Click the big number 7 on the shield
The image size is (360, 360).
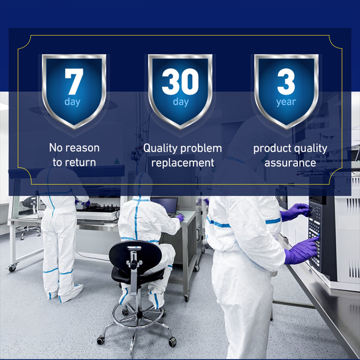click(x=74, y=81)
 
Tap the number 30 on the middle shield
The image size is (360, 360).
click(x=180, y=81)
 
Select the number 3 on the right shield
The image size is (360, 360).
click(x=286, y=81)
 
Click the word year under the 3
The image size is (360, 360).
click(x=286, y=102)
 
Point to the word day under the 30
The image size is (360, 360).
click(x=181, y=102)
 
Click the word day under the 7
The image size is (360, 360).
click(x=72, y=102)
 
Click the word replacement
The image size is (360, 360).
click(x=183, y=163)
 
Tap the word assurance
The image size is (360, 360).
click(x=290, y=163)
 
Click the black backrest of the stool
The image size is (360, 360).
click(x=135, y=255)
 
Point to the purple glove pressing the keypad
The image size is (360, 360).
click(x=301, y=251)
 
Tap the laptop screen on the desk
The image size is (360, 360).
click(x=164, y=205)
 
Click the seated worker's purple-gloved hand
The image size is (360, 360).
click(x=180, y=217)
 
